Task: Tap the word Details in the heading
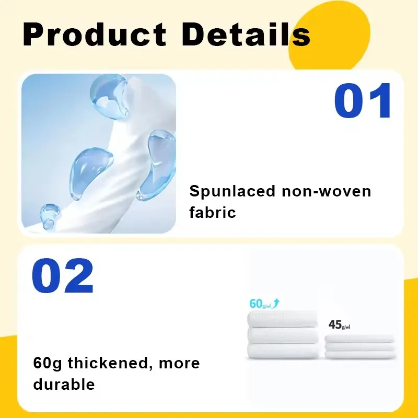[246, 34]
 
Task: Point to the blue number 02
[63, 275]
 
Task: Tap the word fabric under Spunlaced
[212, 212]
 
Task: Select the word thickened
[108, 363]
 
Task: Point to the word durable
[64, 385]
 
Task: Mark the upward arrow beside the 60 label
[277, 302]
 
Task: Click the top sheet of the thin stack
[359, 339]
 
